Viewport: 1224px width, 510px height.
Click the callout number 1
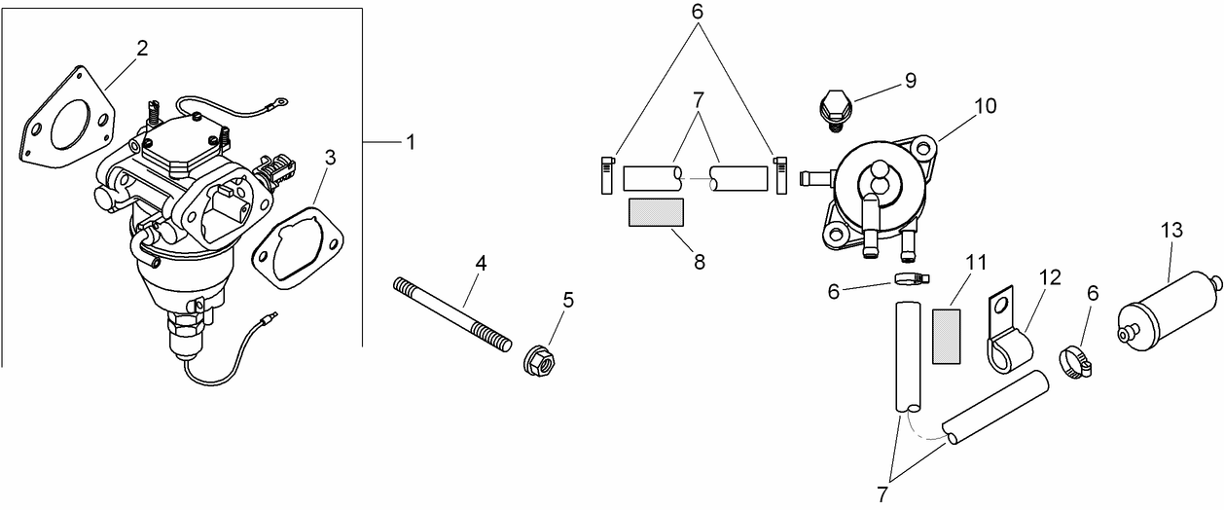410,142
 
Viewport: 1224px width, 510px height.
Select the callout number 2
142,49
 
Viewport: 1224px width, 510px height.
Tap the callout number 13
1171,230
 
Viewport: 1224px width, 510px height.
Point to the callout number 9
910,80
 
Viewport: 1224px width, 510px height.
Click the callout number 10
985,105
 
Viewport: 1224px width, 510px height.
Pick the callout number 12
1050,277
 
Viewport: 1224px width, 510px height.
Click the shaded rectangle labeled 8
656,212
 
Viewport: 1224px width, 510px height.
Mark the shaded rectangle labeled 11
947,337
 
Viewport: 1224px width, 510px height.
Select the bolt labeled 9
833,106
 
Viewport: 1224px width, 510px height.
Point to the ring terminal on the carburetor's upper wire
281,99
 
